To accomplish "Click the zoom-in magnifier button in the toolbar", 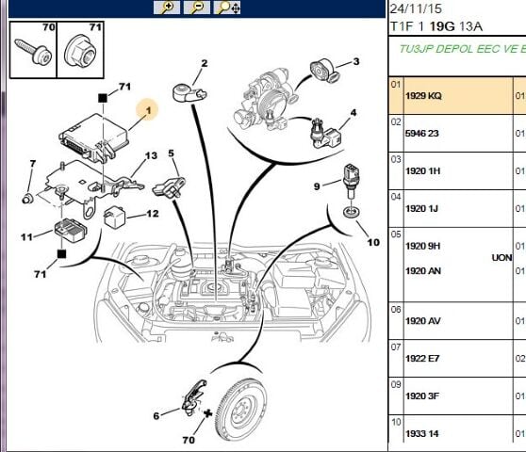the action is coord(167,8).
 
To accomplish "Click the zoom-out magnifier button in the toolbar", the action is coord(197,8).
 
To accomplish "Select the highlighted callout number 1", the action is coord(148,110).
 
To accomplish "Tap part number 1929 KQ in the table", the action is coord(423,96).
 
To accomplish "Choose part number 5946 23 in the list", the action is coord(422,134).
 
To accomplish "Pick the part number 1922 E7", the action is coord(422,359).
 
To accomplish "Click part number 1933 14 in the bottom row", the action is coord(422,433).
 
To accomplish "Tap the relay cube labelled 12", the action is coord(114,217).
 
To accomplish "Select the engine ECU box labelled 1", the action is coord(94,138).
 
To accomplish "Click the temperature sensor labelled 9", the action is coord(352,182).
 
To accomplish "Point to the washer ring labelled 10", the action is coord(352,212).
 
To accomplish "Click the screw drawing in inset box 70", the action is coord(33,51).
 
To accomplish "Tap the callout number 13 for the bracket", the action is coord(151,155).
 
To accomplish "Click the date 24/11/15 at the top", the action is coord(416,8).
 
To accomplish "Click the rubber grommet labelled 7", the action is coord(27,199).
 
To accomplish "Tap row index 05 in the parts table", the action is coord(396,234).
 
